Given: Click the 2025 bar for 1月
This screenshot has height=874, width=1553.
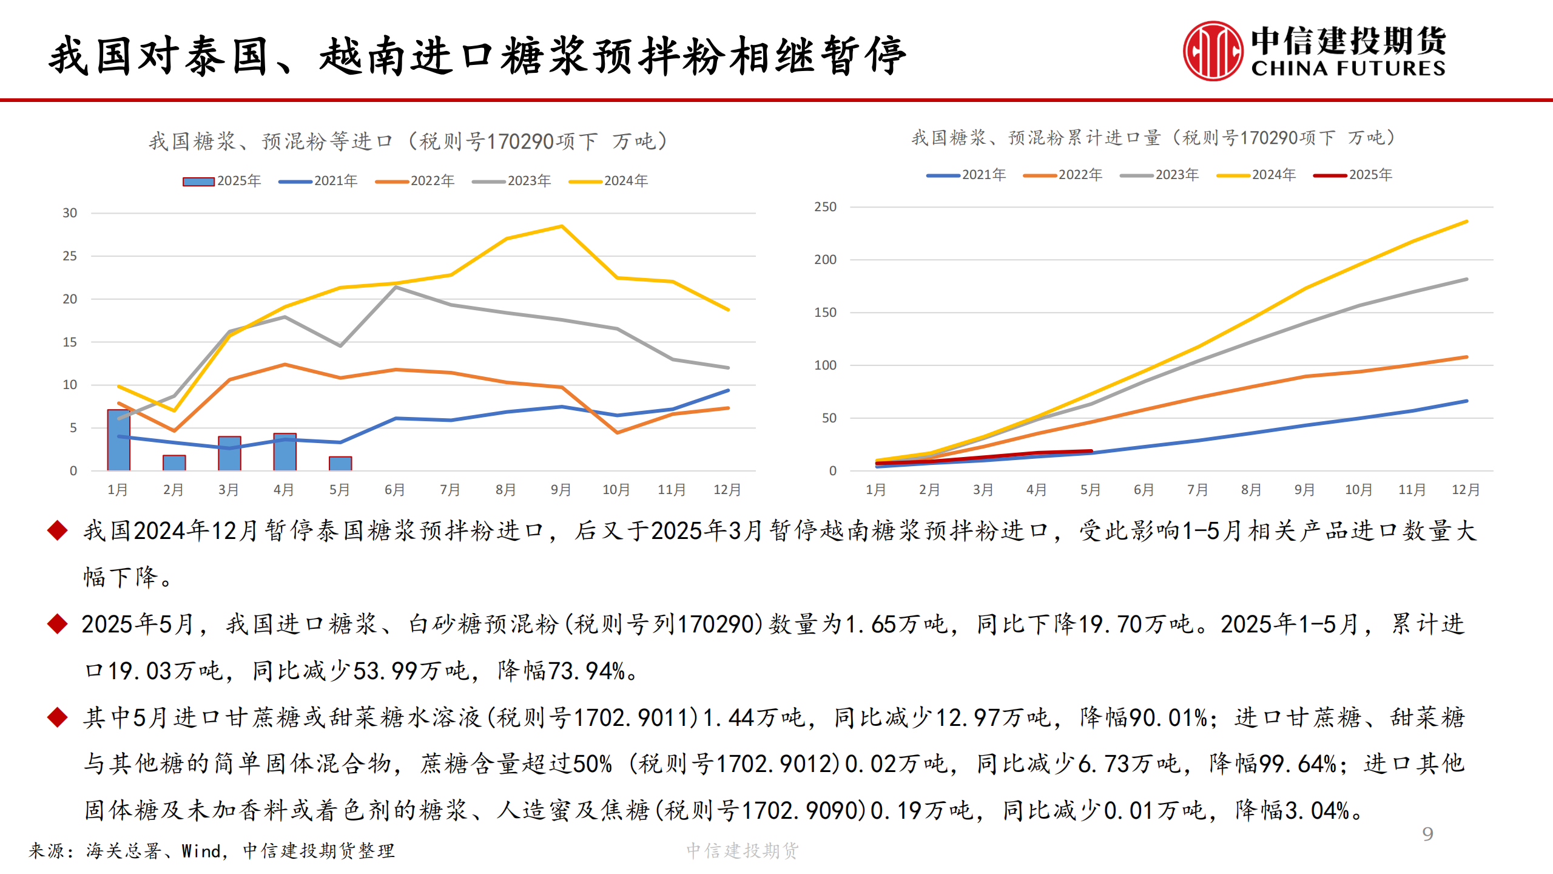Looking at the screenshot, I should (x=118, y=440).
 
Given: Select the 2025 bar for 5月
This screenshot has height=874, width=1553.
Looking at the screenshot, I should (x=340, y=463).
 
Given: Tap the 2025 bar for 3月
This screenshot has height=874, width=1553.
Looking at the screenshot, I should (x=229, y=453).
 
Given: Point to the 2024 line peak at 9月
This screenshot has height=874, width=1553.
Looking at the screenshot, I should (x=562, y=226).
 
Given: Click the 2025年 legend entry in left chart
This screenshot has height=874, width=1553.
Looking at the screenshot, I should (x=223, y=181).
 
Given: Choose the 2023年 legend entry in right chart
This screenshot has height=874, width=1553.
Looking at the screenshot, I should (x=1159, y=175).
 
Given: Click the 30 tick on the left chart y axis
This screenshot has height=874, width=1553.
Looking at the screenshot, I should (x=70, y=213).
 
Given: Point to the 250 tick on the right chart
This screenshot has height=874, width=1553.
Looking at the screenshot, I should (x=825, y=207).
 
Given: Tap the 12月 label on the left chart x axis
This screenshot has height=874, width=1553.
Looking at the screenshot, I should (x=727, y=490).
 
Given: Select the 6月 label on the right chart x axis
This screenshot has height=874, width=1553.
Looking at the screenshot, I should (x=1144, y=490).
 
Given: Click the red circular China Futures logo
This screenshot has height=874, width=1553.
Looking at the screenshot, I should (x=1213, y=52).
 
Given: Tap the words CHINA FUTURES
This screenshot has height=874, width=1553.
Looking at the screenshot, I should (x=1348, y=69).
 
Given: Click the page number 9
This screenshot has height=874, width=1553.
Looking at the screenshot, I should (x=1427, y=834).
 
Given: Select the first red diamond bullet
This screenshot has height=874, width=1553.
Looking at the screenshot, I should (x=57, y=530).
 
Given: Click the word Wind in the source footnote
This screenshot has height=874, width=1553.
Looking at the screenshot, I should (x=201, y=851).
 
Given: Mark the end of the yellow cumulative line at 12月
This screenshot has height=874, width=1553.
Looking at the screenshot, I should (x=1466, y=222).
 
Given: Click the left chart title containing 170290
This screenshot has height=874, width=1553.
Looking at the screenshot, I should (x=408, y=141).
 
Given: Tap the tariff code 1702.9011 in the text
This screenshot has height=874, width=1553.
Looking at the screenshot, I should (x=633, y=717).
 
